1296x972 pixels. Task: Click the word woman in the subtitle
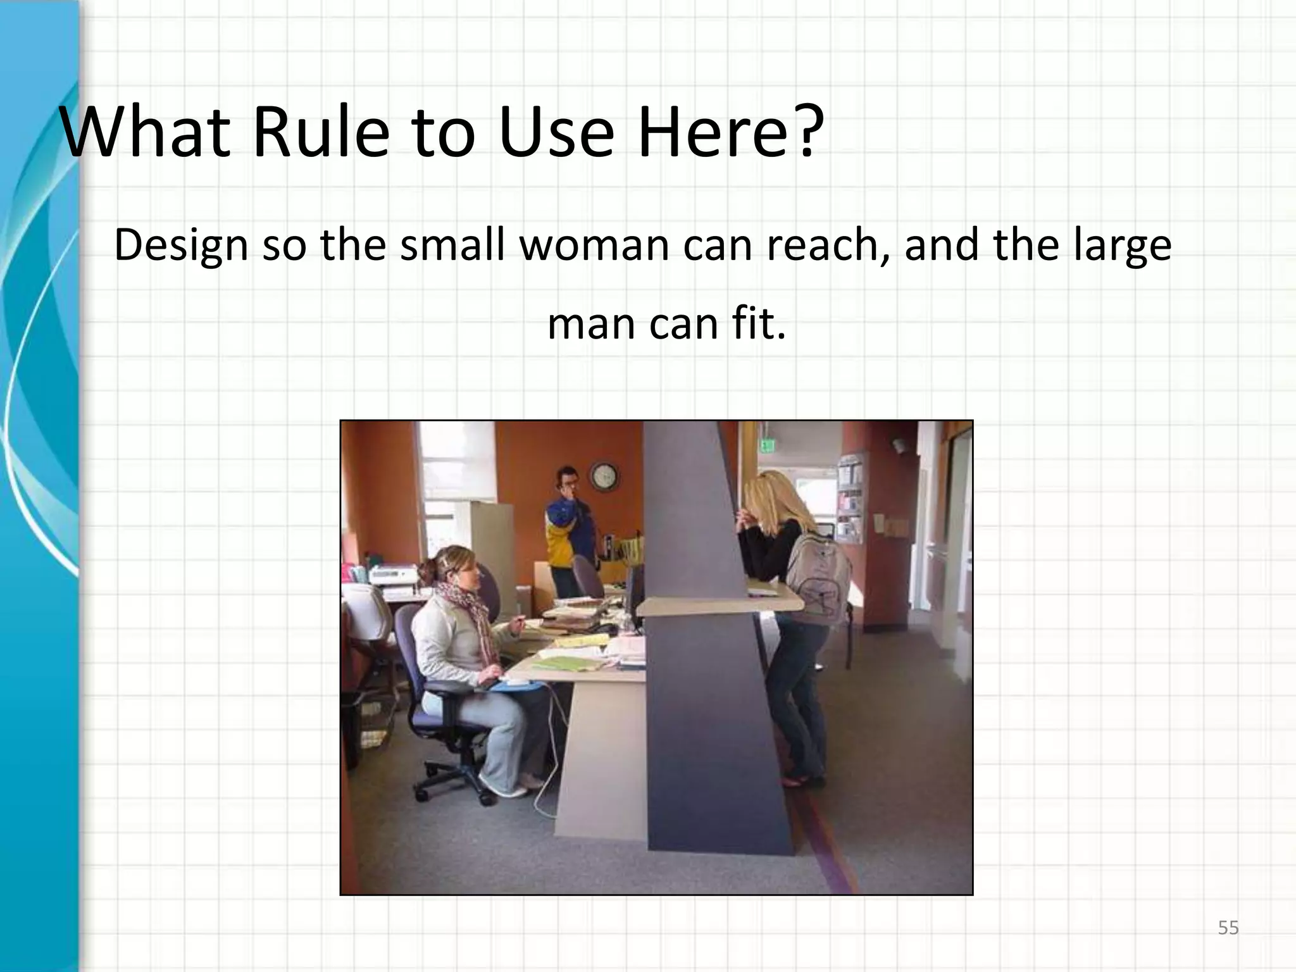[x=595, y=246]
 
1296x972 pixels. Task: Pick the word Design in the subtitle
[x=181, y=246]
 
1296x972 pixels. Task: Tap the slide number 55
[x=1228, y=928]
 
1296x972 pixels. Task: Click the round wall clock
[x=604, y=476]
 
